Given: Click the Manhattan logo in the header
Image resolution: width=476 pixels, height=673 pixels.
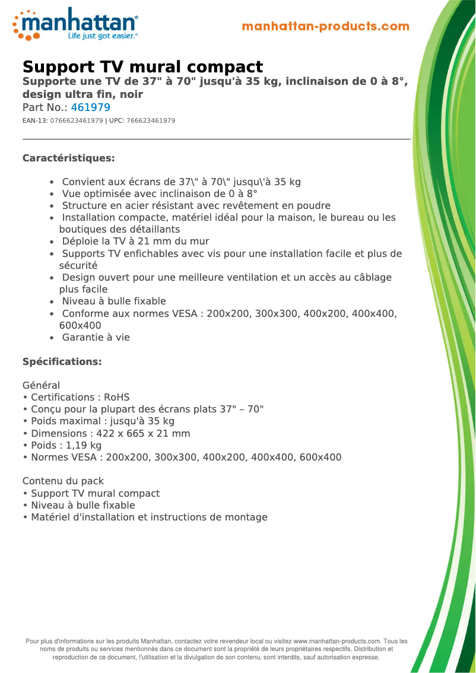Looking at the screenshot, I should [75, 24].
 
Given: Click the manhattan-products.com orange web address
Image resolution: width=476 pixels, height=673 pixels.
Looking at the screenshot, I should [326, 26].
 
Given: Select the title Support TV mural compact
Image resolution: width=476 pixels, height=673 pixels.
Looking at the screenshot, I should [142, 66].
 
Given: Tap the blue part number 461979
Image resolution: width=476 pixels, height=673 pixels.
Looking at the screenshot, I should [90, 107].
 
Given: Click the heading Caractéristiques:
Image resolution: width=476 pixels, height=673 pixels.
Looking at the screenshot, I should [68, 158].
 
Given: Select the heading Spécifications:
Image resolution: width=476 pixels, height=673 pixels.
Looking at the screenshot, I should [62, 361].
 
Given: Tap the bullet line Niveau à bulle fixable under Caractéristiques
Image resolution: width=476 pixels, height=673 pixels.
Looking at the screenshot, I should [114, 301].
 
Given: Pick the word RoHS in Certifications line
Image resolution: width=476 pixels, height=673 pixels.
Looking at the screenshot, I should [116, 397].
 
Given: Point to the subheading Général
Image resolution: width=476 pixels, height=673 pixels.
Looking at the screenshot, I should [41, 385].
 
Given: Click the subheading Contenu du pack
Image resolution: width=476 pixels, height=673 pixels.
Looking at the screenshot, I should [63, 481].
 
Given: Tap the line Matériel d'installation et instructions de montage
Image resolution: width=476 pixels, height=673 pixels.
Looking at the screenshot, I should [149, 517].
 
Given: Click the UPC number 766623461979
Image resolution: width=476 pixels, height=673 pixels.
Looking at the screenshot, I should [151, 120].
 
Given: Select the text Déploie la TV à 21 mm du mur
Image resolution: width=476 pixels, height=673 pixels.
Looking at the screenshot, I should [135, 241].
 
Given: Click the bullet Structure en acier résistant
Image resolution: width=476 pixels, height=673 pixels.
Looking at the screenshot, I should [196, 205].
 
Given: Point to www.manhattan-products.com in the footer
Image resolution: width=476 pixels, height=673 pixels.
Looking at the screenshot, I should [337, 641].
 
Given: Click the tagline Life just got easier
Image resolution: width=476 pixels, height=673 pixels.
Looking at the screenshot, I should [103, 36].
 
